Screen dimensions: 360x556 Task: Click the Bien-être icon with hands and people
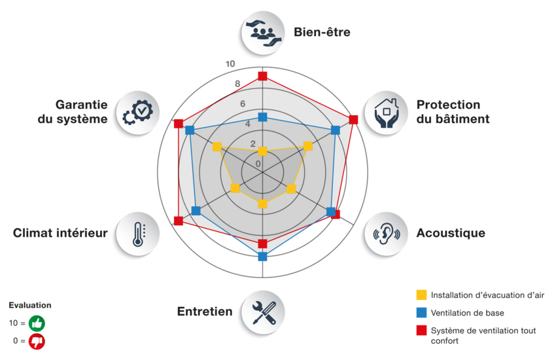[x=261, y=32]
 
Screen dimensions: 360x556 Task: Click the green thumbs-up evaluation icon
[x=37, y=323]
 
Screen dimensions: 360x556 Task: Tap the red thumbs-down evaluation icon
[x=37, y=340]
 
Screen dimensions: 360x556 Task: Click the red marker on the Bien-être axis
[x=262, y=76]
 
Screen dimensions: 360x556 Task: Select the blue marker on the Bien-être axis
[x=262, y=117]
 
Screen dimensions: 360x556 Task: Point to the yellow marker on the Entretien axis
[x=262, y=204]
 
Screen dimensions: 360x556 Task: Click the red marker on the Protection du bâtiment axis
[x=354, y=119]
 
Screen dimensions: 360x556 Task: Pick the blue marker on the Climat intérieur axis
[x=196, y=211]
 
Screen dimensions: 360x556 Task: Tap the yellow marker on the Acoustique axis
[x=292, y=189]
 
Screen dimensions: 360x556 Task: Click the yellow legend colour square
[x=421, y=295]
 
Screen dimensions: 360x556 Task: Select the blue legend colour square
[x=421, y=313]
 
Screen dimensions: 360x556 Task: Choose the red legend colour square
[x=421, y=331]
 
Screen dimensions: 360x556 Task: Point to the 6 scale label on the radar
[x=242, y=103]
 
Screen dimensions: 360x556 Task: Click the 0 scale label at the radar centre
[x=258, y=164]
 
